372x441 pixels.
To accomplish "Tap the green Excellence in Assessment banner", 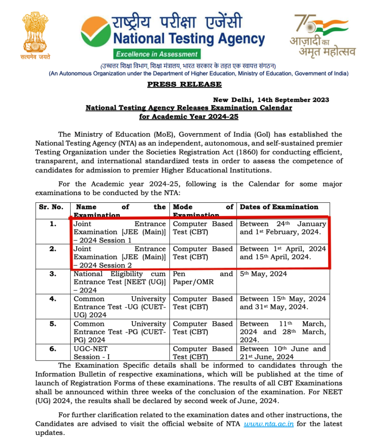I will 157,54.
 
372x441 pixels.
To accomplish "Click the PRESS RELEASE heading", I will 184,84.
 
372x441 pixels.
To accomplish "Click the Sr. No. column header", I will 51,207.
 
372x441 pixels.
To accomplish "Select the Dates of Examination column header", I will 279,207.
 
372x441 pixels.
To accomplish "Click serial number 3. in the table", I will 52,274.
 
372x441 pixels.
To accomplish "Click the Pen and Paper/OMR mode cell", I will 203,278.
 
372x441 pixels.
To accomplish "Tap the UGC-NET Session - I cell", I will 119,353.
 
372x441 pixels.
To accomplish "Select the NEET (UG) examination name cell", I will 119,282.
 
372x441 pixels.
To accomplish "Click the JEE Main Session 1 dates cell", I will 283,228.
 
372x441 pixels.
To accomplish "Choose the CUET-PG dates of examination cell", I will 283,332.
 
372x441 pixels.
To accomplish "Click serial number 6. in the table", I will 52,349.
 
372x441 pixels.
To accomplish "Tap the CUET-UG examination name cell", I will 119,307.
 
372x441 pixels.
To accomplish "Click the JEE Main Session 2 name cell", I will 119,257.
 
